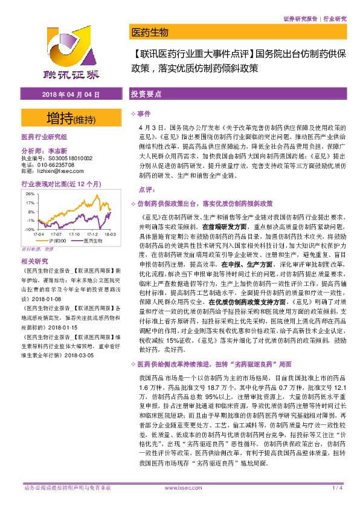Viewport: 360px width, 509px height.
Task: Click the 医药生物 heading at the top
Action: click(x=150, y=32)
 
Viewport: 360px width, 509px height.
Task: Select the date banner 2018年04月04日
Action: click(x=70, y=95)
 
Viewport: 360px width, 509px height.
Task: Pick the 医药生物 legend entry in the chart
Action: click(x=92, y=241)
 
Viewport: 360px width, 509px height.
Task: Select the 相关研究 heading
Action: click(x=34, y=261)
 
